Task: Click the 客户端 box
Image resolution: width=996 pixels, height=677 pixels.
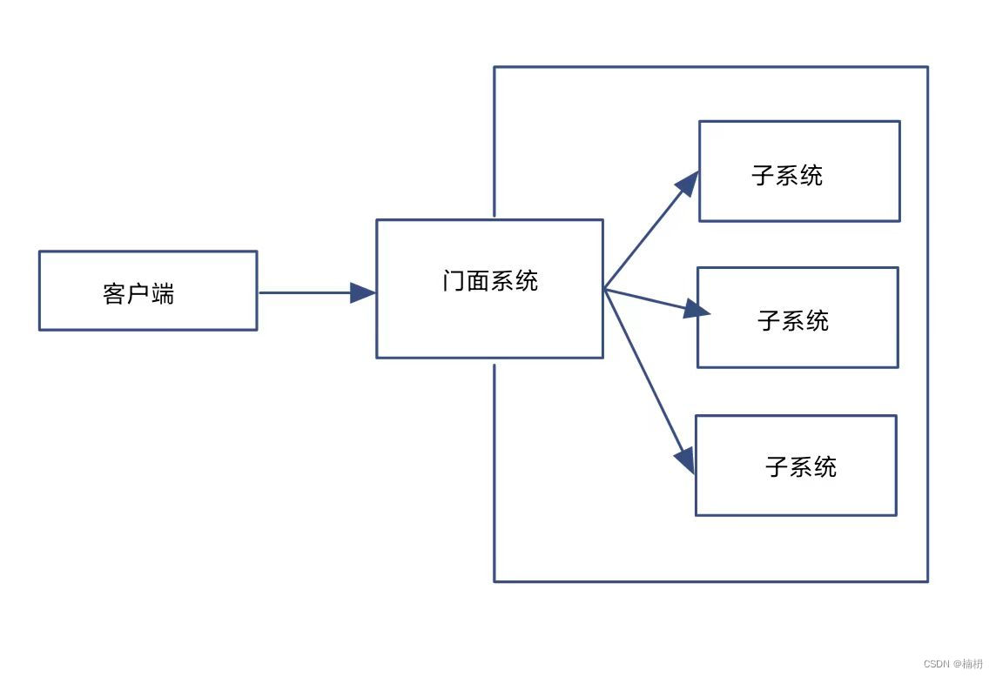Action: coord(148,291)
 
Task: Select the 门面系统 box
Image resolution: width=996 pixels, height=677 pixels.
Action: coord(489,289)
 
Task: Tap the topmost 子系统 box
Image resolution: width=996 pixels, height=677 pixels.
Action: coord(799,171)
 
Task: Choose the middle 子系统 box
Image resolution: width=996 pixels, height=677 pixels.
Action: coord(797,318)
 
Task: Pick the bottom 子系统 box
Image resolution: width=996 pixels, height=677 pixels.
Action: coord(796,466)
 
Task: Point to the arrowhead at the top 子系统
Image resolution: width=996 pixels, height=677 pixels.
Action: coord(689,182)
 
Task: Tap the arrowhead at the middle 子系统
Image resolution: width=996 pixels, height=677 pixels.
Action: coord(697,309)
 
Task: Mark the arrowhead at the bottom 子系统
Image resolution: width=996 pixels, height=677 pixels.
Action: coord(685,459)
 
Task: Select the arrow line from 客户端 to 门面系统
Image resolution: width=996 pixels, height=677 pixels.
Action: coord(305,292)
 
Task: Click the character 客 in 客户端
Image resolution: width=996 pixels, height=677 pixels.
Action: coord(114,294)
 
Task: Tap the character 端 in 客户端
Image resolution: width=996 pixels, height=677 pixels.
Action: coord(163,294)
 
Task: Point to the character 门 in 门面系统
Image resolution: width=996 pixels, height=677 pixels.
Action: coord(454,281)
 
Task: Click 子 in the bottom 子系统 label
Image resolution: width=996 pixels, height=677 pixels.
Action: coord(777,467)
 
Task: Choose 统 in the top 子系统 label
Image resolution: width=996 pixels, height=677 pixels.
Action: coord(811,176)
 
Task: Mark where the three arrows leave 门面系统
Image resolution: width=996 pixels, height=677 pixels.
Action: coord(604,289)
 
